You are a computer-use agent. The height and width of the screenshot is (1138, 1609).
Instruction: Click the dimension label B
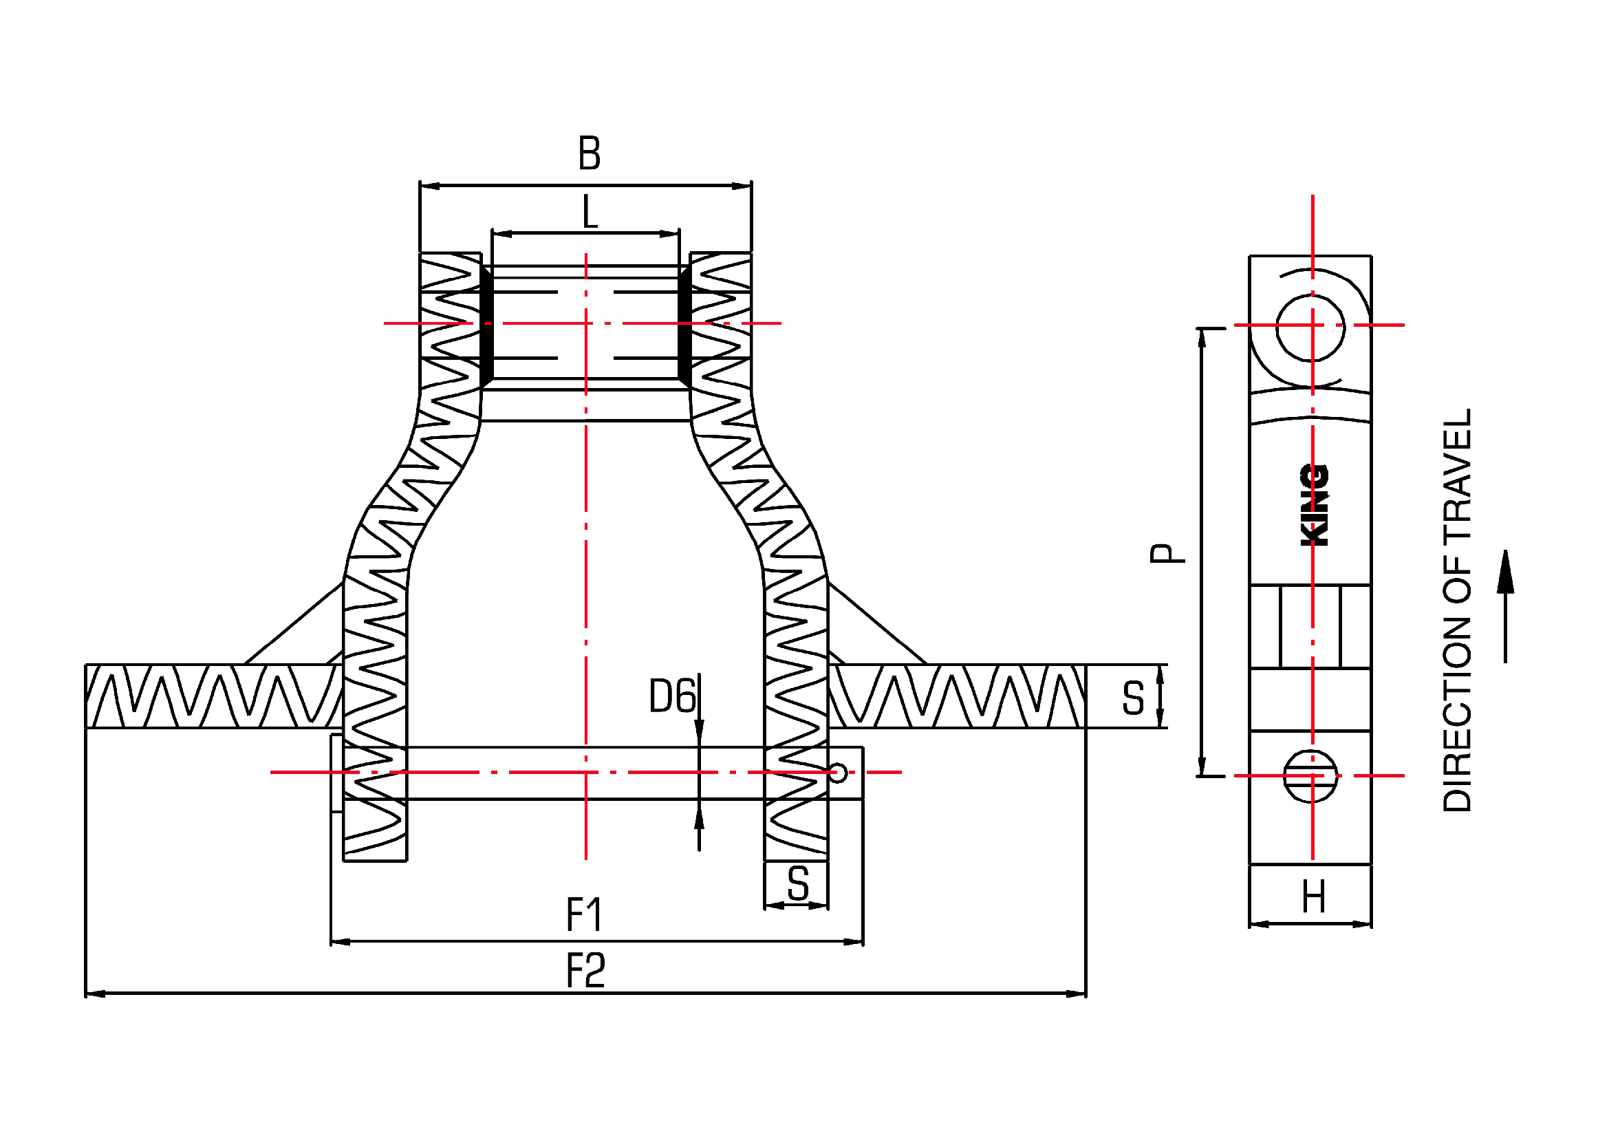click(590, 153)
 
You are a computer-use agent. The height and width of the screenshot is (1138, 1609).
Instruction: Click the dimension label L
click(590, 213)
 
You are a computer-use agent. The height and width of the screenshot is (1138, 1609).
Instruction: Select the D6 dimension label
click(672, 696)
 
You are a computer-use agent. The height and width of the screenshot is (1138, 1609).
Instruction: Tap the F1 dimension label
click(584, 915)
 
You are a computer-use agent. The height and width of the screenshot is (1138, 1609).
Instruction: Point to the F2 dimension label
click(585, 971)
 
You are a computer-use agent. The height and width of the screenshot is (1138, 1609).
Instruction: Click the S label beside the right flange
click(1132, 698)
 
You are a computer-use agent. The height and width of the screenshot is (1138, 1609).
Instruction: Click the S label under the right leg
click(797, 884)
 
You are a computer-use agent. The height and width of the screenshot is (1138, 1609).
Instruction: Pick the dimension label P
click(1167, 554)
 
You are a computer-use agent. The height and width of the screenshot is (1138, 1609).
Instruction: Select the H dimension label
click(1313, 898)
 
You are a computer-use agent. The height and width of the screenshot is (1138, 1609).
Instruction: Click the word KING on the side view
click(1315, 505)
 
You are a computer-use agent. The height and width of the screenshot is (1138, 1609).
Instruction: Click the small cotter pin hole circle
click(838, 773)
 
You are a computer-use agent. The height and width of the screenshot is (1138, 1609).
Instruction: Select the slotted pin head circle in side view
click(1310, 776)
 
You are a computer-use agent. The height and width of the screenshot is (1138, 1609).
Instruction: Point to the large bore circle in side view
click(1310, 328)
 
